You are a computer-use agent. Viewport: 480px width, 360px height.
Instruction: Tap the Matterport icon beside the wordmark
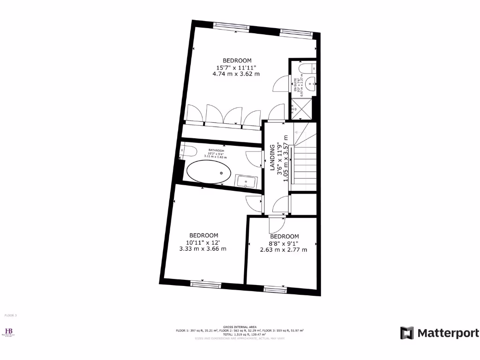407,333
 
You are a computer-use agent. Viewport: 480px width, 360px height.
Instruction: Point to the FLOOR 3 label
10,315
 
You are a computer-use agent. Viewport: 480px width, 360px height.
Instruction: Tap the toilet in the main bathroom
188,150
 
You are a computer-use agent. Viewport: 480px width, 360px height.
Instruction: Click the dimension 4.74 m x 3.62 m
236,74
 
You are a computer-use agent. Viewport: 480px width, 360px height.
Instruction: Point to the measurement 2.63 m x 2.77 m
284,249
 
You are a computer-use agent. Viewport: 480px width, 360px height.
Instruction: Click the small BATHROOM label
217,150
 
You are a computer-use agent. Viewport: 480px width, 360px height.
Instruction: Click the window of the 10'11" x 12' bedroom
205,284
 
